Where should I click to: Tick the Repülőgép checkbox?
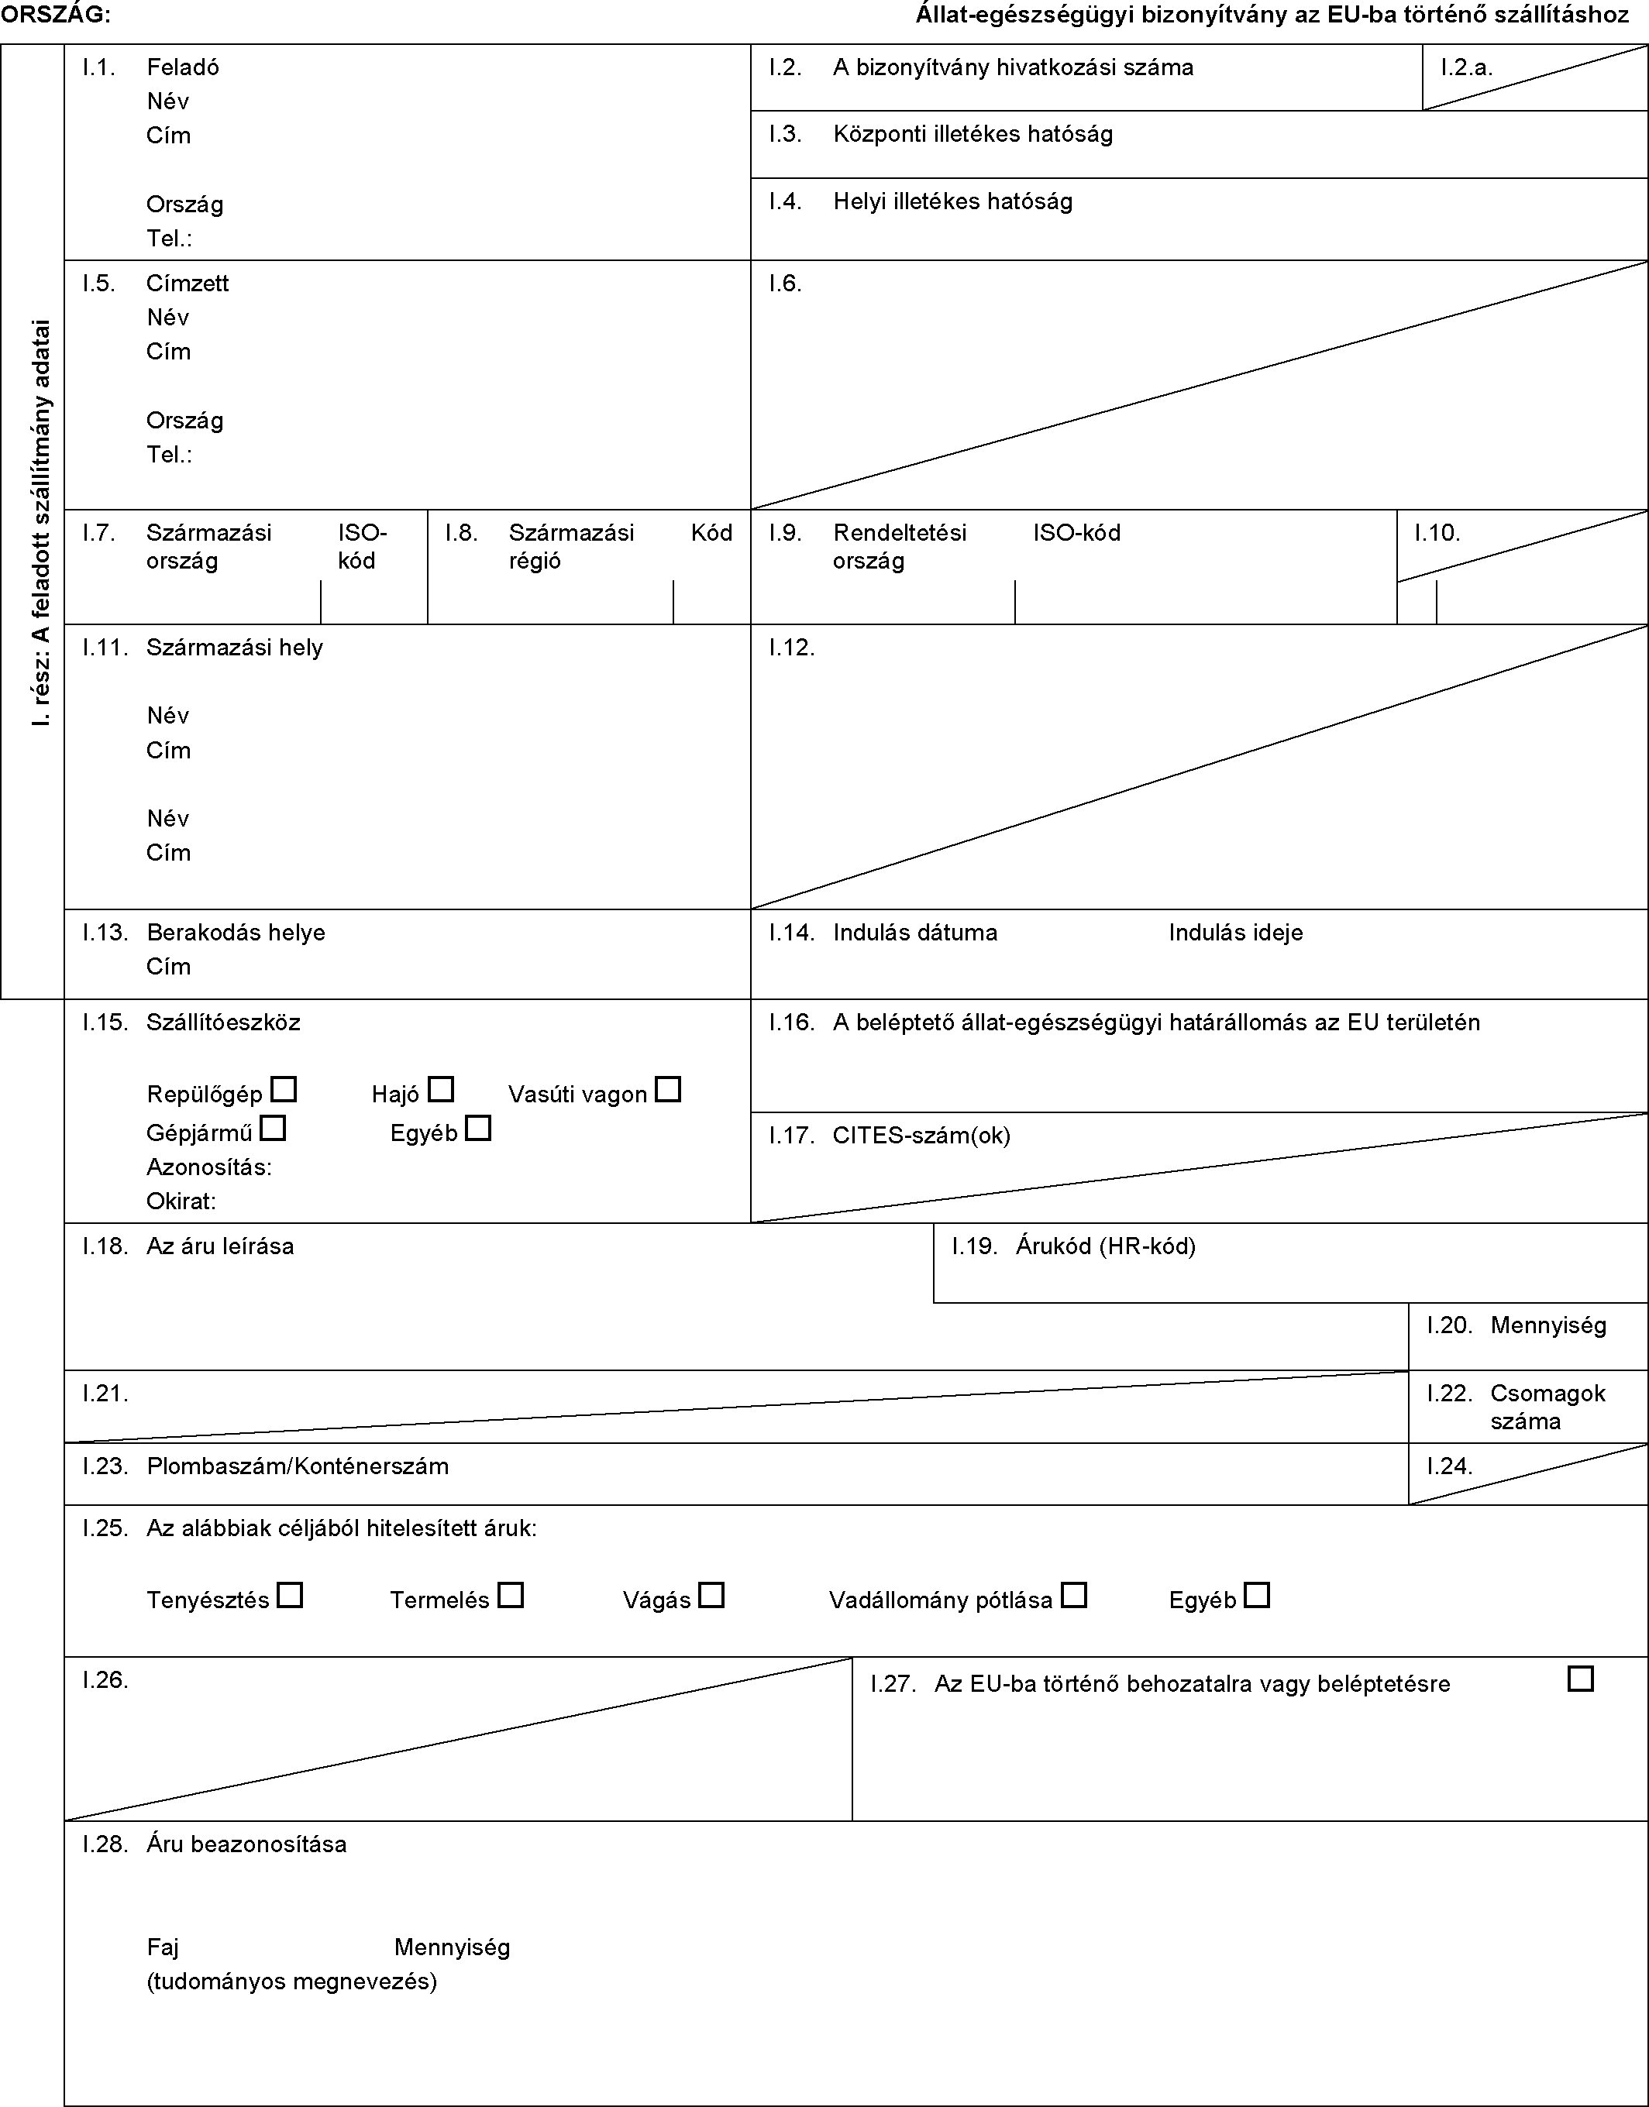[x=284, y=1090]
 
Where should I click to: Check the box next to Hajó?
[x=441, y=1090]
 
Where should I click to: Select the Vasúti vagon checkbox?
[x=668, y=1090]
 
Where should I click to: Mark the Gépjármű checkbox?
[x=274, y=1126]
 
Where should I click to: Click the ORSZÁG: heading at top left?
[x=55, y=15]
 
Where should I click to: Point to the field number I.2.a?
[x=1467, y=67]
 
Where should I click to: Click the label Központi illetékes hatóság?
[x=973, y=134]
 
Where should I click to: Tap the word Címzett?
[x=188, y=283]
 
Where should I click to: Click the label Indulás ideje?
[x=1235, y=933]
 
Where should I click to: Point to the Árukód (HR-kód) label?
[x=1106, y=1246]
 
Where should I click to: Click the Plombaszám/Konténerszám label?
[x=298, y=1466]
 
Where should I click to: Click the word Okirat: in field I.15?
[x=181, y=1201]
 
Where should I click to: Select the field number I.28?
[x=105, y=1844]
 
